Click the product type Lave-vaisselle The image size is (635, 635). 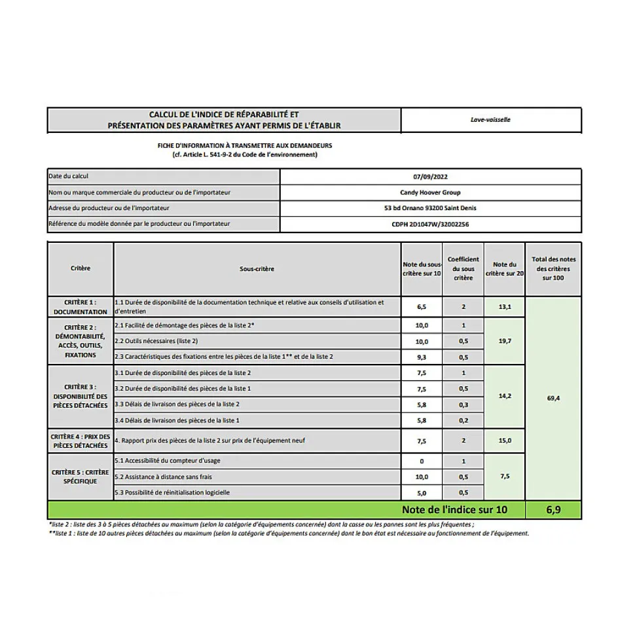[x=490, y=120]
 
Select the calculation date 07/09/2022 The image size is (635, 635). [x=431, y=177]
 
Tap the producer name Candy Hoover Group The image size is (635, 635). [x=430, y=192]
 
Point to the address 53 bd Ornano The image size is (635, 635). [x=430, y=208]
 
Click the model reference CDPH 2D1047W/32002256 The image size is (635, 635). [x=430, y=224]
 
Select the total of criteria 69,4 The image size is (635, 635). [x=553, y=398]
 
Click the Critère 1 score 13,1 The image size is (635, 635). [x=505, y=306]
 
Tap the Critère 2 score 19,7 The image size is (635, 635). [x=505, y=341]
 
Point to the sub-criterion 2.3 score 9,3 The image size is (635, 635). [x=422, y=357]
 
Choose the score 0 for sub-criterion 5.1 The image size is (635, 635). [x=422, y=461]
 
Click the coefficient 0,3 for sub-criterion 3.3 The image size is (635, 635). [x=463, y=405]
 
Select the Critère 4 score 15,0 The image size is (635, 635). [x=505, y=441]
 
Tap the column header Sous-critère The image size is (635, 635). [x=257, y=269]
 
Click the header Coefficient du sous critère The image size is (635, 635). [x=463, y=268]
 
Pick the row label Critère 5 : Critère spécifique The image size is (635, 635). [x=81, y=477]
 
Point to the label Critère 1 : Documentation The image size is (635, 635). [x=81, y=307]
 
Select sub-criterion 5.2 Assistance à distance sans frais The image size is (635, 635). [x=173, y=477]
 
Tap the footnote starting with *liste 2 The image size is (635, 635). [x=262, y=524]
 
